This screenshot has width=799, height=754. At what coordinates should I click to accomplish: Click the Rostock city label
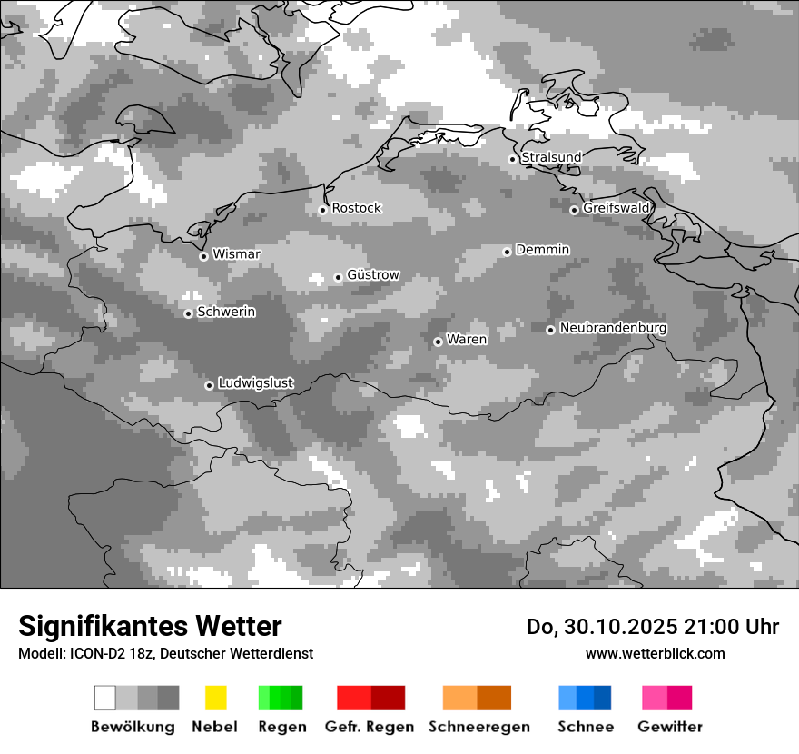pyautogui.click(x=356, y=208)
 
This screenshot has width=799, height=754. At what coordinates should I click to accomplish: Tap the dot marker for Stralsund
pyautogui.click(x=512, y=159)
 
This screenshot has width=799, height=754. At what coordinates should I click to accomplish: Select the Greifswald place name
pyautogui.click(x=616, y=208)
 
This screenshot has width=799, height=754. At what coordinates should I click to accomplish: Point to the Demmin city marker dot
pyautogui.click(x=507, y=252)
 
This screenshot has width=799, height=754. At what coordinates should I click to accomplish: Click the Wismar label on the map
pyautogui.click(x=236, y=254)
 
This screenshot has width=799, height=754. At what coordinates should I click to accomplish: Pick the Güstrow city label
pyautogui.click(x=372, y=275)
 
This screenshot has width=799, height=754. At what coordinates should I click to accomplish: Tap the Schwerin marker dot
pyautogui.click(x=188, y=313)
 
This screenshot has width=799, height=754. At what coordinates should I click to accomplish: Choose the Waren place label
pyautogui.click(x=467, y=340)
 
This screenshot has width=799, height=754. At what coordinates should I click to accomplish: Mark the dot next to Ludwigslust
pyautogui.click(x=209, y=385)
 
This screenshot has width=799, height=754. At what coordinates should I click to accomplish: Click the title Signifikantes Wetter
pyautogui.click(x=150, y=626)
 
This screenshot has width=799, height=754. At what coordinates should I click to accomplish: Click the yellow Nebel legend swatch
pyautogui.click(x=215, y=698)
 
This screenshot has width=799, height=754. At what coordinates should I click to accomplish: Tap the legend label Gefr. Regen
pyautogui.click(x=369, y=727)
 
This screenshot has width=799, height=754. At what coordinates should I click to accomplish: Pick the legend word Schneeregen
pyautogui.click(x=478, y=727)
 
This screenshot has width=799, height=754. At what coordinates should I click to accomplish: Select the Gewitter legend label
pyautogui.click(x=669, y=727)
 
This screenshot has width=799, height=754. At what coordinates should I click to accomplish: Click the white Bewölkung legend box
pyautogui.click(x=105, y=698)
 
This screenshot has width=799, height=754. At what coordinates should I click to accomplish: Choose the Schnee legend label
pyautogui.click(x=585, y=727)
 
